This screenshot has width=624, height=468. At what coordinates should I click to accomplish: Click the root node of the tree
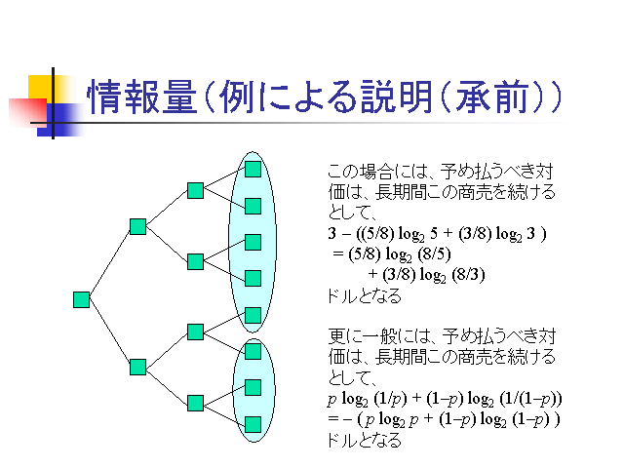click(x=82, y=299)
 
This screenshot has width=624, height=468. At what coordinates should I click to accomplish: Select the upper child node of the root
click(x=137, y=226)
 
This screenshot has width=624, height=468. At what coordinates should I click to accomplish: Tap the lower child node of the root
click(x=137, y=367)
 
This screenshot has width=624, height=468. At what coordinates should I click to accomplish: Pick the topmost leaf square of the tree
click(x=253, y=169)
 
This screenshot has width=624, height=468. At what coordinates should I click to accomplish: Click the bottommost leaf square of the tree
click(x=253, y=424)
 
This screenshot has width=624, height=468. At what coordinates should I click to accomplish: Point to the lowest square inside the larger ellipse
click(x=253, y=315)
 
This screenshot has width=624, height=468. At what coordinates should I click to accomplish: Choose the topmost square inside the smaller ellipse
click(x=253, y=350)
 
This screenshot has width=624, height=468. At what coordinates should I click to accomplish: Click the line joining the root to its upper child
click(x=109, y=263)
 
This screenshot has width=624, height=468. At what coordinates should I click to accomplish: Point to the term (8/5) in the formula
click(x=421, y=254)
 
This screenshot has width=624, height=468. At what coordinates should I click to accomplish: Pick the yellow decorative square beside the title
click(x=42, y=87)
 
